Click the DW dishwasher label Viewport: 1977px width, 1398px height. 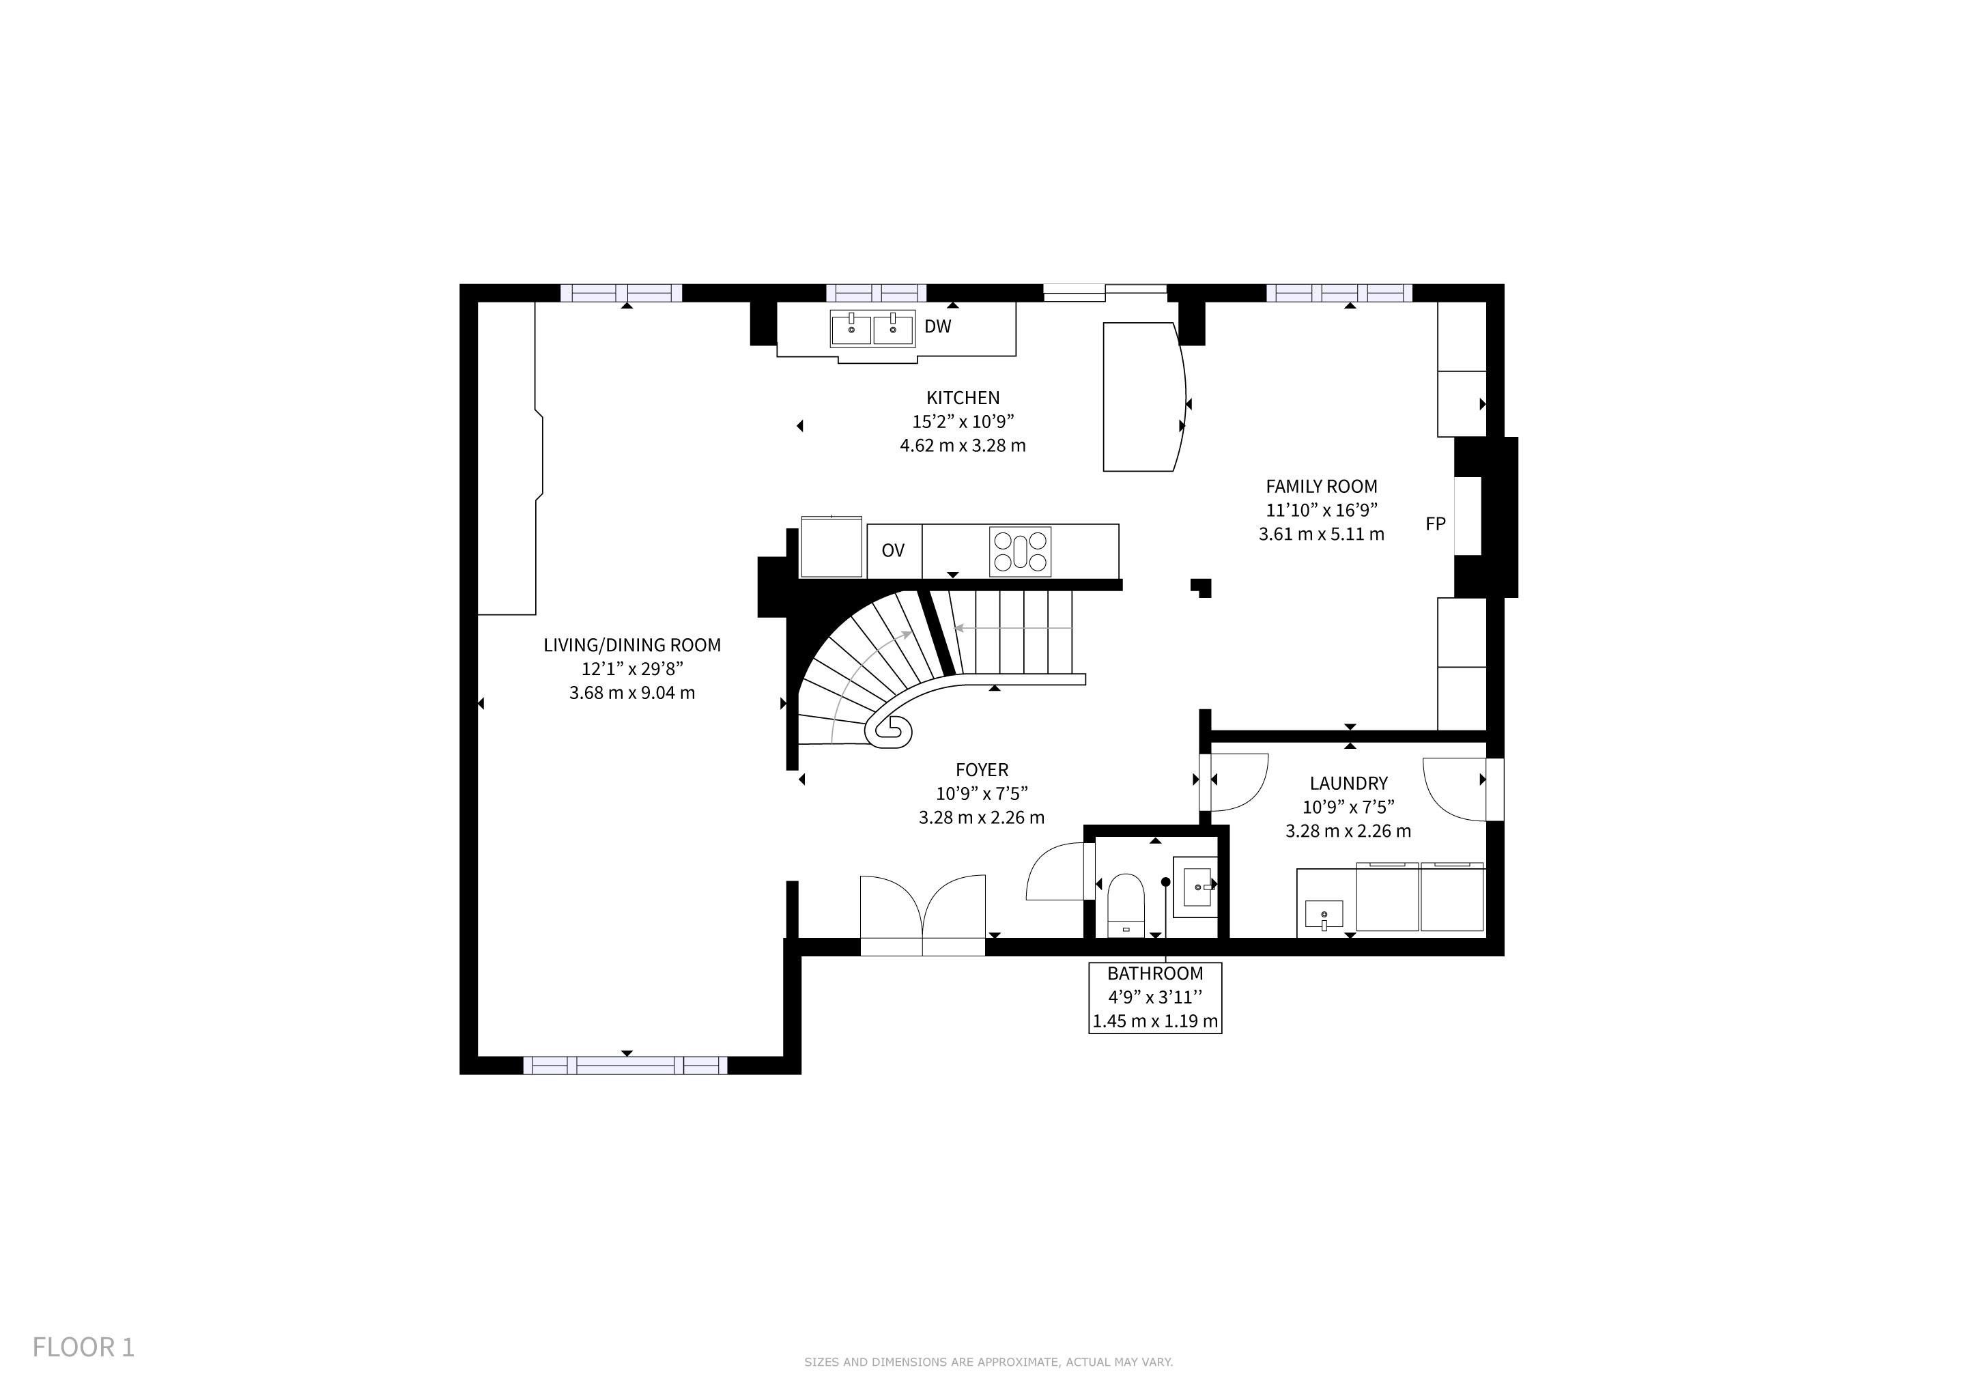coord(938,326)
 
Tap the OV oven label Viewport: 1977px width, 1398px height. coord(893,550)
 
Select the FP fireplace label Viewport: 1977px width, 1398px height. coord(1436,524)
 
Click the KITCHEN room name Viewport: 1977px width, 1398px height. coord(963,398)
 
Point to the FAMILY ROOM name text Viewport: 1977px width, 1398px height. coord(1322,487)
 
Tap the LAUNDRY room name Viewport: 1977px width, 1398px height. coord(1348,784)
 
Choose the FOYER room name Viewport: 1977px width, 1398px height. coord(982,769)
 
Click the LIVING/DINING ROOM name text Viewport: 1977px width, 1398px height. coord(632,645)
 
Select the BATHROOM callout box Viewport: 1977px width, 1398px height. coord(1154,997)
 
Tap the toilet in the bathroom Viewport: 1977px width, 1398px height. coord(1124,904)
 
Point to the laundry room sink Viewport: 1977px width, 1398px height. coord(1324,913)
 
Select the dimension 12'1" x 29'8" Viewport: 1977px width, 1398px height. coord(632,669)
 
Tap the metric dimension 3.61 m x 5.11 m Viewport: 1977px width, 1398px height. coord(1322,534)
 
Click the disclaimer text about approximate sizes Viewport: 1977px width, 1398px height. coord(989,1362)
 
